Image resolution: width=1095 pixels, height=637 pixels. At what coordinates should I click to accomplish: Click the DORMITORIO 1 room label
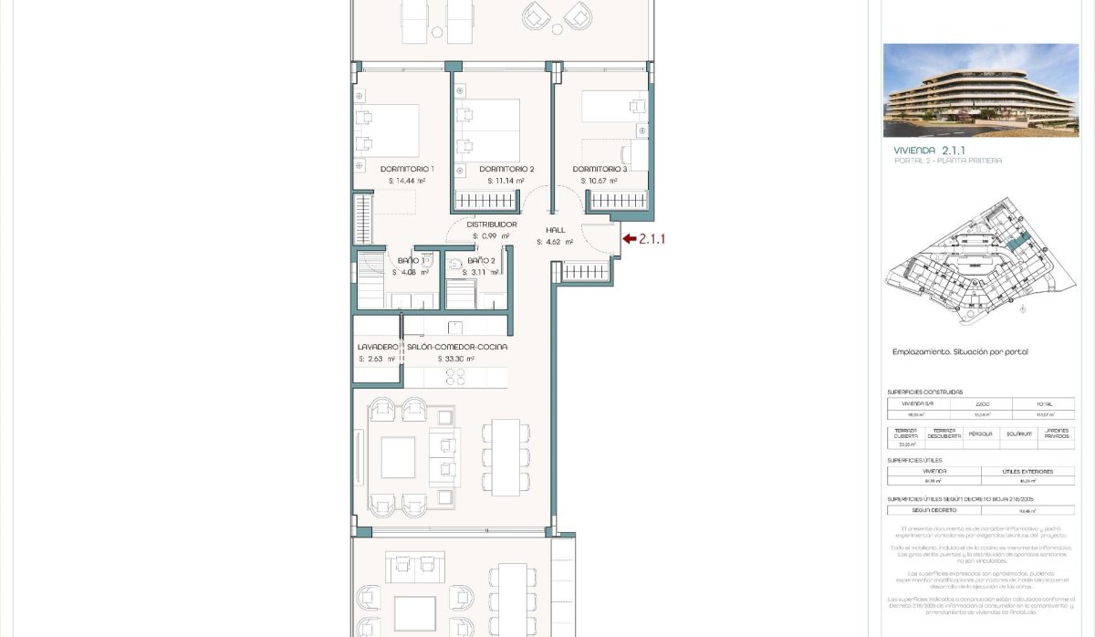pos(407,169)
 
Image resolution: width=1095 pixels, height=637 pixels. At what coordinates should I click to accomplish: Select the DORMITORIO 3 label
pos(600,169)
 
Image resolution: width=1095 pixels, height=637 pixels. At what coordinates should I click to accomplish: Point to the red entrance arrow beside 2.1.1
pos(628,239)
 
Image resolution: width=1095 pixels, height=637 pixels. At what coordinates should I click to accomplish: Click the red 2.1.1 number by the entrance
pos(652,239)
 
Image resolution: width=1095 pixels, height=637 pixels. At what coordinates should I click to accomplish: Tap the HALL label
pos(556,230)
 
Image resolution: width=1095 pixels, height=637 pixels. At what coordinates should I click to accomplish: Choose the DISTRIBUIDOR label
pos(492,224)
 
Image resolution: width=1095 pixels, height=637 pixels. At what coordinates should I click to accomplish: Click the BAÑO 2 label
pos(481,261)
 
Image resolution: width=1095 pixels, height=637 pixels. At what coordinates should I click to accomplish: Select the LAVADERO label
pos(378,347)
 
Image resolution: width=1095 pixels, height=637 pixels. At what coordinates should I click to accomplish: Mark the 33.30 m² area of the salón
pos(456,359)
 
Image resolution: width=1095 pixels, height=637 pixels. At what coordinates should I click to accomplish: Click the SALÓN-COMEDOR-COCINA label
pos(457,347)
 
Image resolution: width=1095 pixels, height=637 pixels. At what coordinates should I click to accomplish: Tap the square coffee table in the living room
pos(399,456)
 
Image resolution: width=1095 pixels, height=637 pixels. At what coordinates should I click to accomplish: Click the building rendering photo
pos(980,89)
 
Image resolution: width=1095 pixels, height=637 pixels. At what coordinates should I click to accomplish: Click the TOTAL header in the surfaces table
pos(1043,402)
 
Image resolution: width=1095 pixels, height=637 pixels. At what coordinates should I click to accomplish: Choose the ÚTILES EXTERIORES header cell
pos(1027,472)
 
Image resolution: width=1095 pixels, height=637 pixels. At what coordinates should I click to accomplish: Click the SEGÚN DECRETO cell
pos(933,510)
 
